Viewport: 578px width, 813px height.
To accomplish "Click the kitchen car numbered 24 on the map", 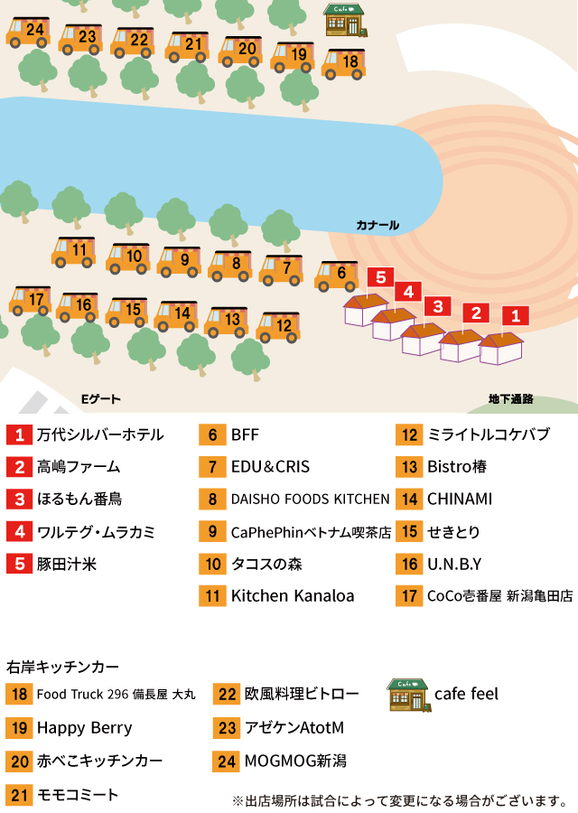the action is point(29,33).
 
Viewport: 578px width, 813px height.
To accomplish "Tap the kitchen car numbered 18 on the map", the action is point(344,64).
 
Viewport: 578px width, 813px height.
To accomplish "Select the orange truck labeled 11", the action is point(74,252).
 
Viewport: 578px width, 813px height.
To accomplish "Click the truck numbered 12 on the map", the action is point(278,327).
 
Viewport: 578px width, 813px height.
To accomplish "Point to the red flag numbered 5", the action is point(380,277).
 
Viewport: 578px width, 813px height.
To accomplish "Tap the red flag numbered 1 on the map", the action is point(516,315).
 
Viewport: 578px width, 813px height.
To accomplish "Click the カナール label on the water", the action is point(378,225).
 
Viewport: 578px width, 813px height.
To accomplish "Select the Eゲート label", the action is point(100,398).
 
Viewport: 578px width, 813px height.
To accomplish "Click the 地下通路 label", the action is point(510,398).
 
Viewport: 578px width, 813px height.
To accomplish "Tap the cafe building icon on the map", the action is point(346,20).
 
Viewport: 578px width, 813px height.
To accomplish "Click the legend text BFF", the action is point(245,435).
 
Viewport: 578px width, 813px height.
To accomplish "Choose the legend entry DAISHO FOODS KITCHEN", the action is point(310,499).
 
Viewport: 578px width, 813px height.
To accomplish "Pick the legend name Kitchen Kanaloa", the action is point(293,596).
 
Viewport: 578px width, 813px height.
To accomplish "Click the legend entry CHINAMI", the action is point(460,499).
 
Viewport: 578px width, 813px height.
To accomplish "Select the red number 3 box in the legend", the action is point(20,499).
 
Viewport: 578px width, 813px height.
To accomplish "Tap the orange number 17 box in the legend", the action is point(409,596).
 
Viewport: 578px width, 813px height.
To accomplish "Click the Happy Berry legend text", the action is point(85,728).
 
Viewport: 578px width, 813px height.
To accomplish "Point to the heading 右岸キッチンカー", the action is point(62,667).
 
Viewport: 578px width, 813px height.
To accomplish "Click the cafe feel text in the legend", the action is point(466,694).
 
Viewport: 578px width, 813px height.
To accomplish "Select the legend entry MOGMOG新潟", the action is point(295,761).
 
